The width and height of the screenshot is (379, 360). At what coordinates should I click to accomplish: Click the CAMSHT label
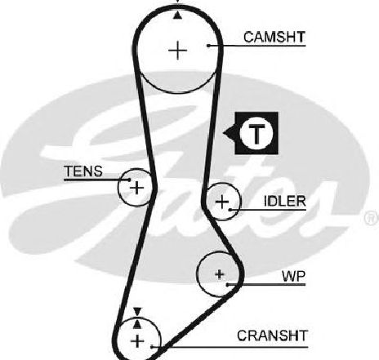274,38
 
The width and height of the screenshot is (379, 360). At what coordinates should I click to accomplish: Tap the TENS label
83,171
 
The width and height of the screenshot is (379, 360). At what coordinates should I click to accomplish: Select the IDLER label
285,202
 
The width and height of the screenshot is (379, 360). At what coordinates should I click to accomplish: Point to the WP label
294,277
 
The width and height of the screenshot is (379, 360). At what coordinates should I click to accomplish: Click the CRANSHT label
272,336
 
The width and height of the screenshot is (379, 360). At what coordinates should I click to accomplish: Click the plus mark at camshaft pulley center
178,51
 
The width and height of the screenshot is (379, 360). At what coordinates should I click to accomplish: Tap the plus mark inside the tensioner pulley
137,188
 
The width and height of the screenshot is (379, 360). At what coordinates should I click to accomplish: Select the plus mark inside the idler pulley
222,202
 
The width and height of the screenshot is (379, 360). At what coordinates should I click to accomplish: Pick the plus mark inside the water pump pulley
220,274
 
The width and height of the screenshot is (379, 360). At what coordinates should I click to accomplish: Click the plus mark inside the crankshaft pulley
137,341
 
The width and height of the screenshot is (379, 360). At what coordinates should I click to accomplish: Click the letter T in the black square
256,134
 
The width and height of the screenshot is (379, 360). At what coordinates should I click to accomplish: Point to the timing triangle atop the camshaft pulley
177,16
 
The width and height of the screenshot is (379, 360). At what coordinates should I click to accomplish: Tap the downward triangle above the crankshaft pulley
138,312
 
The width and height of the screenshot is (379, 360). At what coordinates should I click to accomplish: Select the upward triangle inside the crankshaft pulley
137,323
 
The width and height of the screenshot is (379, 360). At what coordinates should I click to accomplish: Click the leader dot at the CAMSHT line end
208,46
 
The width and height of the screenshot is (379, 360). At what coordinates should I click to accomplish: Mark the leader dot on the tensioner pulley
129,180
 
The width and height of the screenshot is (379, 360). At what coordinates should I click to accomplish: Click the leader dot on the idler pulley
230,210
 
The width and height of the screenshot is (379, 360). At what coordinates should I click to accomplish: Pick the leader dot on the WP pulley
227,285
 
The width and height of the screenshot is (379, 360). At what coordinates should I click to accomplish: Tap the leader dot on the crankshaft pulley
152,347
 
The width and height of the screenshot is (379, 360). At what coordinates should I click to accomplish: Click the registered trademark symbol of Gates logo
372,218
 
